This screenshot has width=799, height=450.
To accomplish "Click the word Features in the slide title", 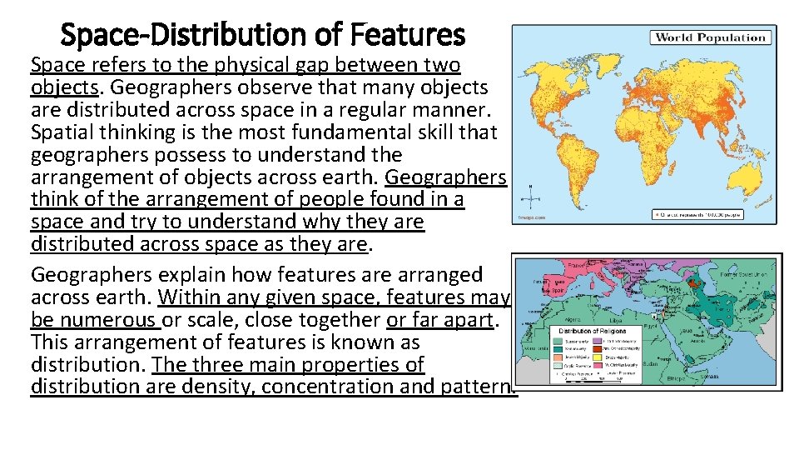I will tap(408, 34).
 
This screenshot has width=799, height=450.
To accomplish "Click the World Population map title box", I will tap(721, 37).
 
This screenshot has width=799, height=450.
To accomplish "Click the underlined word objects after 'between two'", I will tap(62, 87).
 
